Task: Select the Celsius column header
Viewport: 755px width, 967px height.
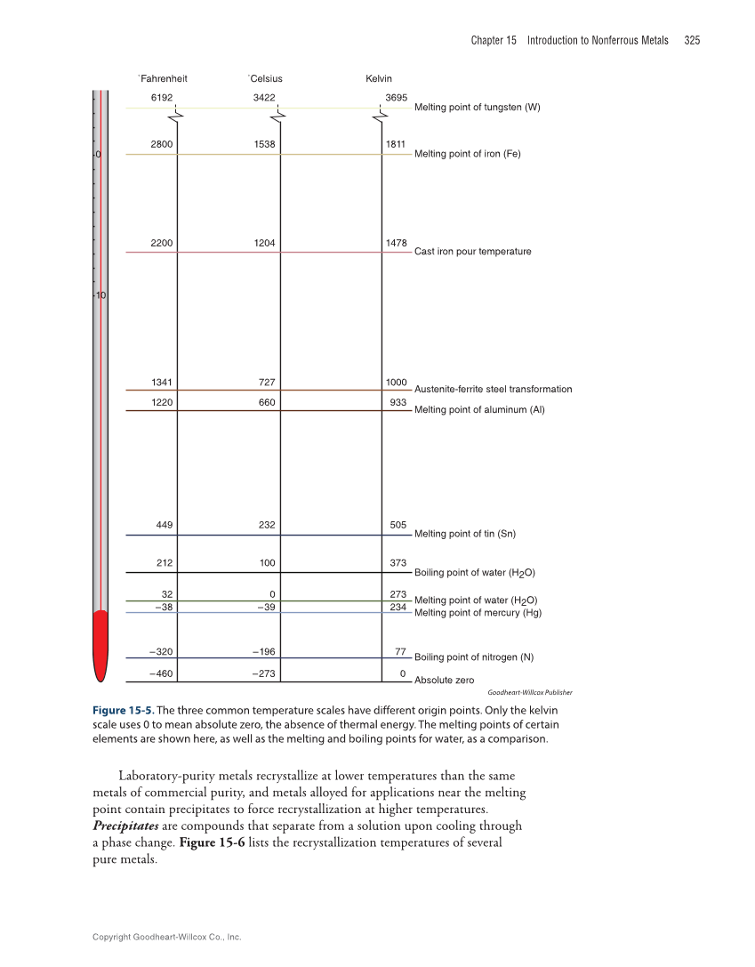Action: click(265, 78)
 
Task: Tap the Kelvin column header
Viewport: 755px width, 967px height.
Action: click(379, 78)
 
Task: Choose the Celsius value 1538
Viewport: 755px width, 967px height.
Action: click(264, 143)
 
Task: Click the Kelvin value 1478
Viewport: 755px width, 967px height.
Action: click(397, 243)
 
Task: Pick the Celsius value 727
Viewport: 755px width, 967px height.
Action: click(266, 383)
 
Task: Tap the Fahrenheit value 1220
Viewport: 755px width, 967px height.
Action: click(161, 402)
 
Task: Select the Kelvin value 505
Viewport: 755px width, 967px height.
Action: click(398, 525)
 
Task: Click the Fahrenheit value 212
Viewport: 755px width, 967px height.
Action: click(164, 563)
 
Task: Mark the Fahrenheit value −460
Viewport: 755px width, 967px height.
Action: click(161, 673)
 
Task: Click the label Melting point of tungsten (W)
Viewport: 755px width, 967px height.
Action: click(477, 108)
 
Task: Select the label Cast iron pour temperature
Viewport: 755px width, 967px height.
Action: click(472, 252)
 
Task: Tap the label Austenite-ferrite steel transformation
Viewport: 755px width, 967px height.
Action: click(493, 390)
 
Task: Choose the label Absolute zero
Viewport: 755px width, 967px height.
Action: click(444, 681)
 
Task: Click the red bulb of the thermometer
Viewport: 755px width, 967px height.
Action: click(100, 645)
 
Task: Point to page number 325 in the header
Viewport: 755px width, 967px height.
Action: click(692, 40)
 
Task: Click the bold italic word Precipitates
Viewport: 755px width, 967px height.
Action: click(126, 826)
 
